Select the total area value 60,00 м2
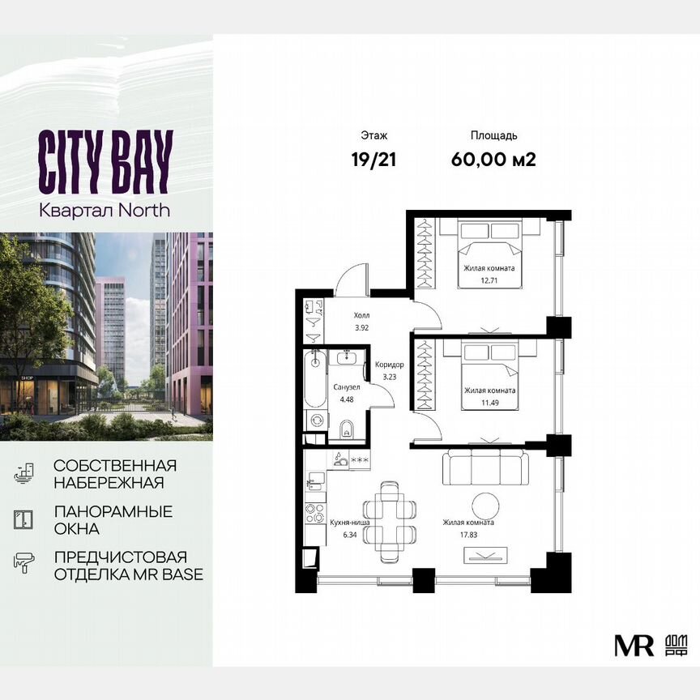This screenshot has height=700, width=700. click(493, 158)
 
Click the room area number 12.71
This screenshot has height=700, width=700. click(489, 279)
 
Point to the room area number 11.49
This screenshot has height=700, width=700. click(489, 400)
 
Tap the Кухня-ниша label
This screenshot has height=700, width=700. click(350, 523)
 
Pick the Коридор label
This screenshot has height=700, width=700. click(389, 365)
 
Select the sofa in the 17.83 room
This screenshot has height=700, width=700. click(484, 467)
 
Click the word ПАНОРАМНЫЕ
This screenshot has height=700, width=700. click(113, 512)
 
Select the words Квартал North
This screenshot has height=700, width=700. click(105, 210)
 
